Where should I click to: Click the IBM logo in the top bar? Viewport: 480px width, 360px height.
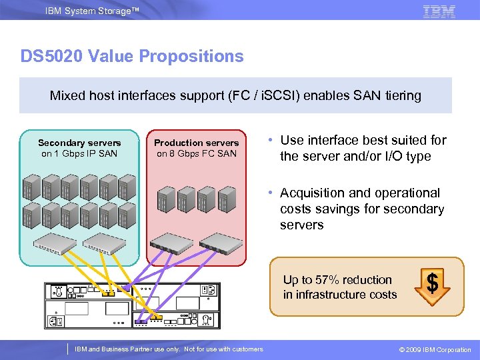pos(439,11)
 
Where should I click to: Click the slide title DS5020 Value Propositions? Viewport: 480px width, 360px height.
pos(132,56)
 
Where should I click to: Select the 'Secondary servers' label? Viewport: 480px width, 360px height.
pos(79,143)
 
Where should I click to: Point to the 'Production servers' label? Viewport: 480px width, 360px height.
pos(196,143)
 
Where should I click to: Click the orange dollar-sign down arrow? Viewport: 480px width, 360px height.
pos(432,285)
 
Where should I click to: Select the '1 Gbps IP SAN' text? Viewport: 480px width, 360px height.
pos(79,153)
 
